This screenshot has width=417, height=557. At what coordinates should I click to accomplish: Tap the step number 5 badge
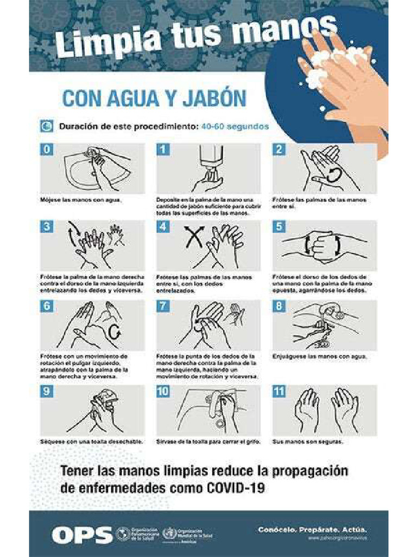pos(279,227)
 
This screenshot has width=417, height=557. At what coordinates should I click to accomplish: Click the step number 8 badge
pos(279,306)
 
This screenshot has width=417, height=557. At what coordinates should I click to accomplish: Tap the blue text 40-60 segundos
pos(235,127)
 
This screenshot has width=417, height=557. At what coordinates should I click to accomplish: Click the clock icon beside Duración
pos(47,127)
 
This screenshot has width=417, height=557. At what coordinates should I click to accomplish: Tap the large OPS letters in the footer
pos(81,535)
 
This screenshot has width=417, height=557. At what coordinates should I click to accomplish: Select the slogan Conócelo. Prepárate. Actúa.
pos(312,529)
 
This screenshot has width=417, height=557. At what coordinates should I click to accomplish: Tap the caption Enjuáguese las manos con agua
pos(319,357)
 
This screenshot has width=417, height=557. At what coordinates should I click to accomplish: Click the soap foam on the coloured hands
pos(331,65)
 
